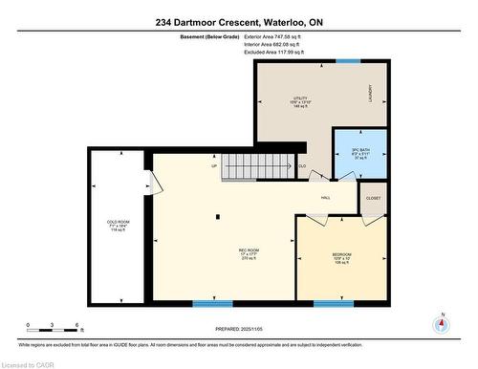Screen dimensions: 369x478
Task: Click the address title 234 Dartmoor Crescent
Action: [x=239, y=22]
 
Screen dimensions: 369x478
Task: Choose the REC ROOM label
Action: [x=250, y=254]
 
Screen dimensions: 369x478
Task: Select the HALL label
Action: [x=325, y=198]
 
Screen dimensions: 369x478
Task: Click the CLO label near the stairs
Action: [x=302, y=165]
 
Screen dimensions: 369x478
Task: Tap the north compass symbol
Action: [x=440, y=323]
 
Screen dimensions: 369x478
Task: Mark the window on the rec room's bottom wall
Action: [x=211, y=303]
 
